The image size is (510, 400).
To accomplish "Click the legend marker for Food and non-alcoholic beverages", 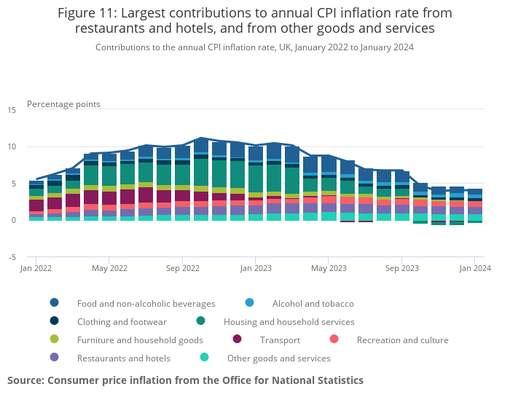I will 55,303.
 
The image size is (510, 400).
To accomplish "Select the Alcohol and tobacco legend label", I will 313,303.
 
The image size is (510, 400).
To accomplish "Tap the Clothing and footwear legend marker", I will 55,321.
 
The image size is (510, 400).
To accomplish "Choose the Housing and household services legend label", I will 289,321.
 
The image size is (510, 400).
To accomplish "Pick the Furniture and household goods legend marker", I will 55,340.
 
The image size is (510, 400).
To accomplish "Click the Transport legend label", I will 279,340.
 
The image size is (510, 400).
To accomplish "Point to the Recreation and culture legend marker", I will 334,340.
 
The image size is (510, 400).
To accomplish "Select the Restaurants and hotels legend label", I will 123,358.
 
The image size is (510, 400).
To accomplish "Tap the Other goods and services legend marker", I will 205,358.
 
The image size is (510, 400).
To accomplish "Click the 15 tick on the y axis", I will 12,110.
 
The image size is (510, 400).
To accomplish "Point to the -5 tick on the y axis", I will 12,257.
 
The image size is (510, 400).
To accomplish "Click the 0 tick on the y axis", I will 14,220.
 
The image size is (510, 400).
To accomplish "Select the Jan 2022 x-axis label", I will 36,268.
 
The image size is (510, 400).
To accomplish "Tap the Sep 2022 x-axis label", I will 182,268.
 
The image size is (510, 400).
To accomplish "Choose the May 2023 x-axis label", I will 328,268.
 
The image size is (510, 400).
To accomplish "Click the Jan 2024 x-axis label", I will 474,268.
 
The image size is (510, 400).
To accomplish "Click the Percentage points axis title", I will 63,104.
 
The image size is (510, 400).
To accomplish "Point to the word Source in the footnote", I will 25,380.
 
